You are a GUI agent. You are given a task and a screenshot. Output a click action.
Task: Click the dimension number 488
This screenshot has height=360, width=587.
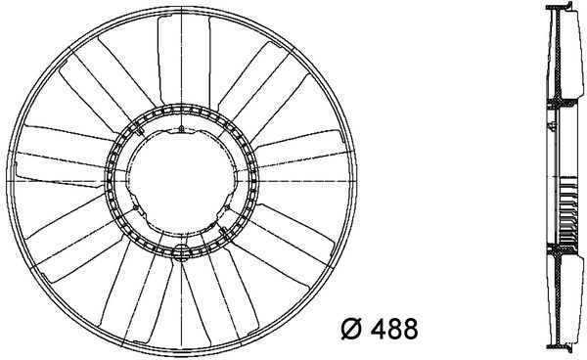coord(394,329)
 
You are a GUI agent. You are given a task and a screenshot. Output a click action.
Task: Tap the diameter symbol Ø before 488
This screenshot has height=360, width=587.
coord(352,329)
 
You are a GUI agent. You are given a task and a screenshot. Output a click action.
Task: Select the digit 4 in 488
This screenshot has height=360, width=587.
coord(378,329)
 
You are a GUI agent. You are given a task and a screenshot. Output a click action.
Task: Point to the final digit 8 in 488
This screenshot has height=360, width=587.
coord(410,329)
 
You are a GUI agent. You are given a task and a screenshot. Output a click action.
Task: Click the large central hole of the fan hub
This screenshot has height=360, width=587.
coord(182,181)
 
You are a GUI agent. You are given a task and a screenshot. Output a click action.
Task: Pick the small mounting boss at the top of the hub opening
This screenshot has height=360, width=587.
coord(181,129)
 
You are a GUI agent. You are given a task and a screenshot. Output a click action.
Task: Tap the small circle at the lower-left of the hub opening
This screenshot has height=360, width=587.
coord(136,207)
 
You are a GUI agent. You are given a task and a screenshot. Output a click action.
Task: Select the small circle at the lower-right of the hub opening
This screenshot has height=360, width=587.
coord(227,207)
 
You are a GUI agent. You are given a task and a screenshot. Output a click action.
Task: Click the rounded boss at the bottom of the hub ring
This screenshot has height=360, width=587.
coord(182,252)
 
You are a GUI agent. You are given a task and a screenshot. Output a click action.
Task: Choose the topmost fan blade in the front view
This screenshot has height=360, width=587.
coord(184,60)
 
